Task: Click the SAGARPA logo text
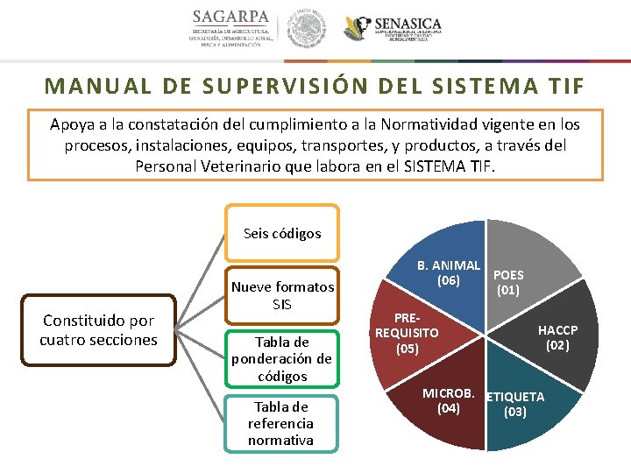pyautogui.click(x=231, y=18)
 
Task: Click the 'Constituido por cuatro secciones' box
pyautogui.click(x=98, y=330)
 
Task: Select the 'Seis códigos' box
pyautogui.click(x=282, y=233)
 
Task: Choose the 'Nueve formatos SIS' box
pyautogui.click(x=282, y=295)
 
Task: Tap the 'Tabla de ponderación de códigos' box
pyautogui.click(x=282, y=358)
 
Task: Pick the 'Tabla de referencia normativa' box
pyautogui.click(x=281, y=423)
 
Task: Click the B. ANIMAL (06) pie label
pyautogui.click(x=449, y=272)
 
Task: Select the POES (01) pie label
pyautogui.click(x=508, y=282)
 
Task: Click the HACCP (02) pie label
pyautogui.click(x=557, y=337)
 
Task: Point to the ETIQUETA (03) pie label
pyautogui.click(x=515, y=404)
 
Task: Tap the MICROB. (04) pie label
pyautogui.click(x=448, y=399)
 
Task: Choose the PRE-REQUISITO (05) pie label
pyautogui.click(x=407, y=332)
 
